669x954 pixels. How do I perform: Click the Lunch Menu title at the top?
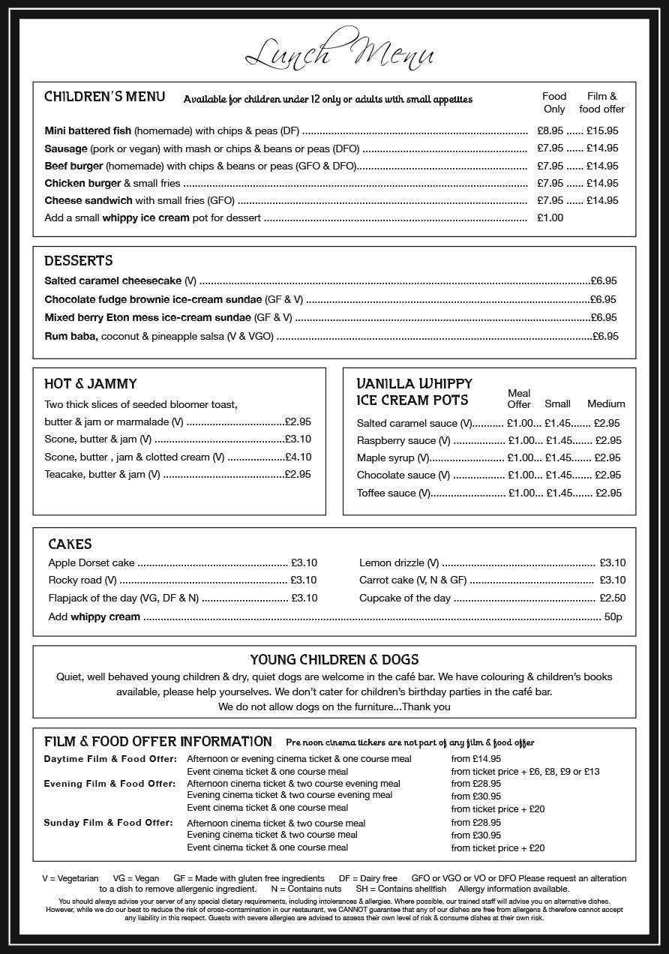(x=340, y=52)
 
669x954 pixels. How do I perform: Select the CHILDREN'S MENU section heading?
(x=104, y=97)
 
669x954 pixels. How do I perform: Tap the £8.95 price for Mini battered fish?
(x=550, y=130)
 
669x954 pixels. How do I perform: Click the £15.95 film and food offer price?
(x=602, y=130)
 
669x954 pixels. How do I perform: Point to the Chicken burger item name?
(x=82, y=183)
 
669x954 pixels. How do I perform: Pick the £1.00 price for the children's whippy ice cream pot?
(x=550, y=218)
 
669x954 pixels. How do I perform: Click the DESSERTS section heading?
(x=79, y=261)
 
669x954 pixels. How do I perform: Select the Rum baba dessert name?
(x=71, y=336)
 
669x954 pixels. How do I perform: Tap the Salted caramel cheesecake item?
(x=113, y=280)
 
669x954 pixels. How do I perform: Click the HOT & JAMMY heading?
(x=91, y=384)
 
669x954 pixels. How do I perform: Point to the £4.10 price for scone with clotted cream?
(x=298, y=457)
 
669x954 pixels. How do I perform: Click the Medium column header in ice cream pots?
(x=606, y=403)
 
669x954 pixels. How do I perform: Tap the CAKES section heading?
(x=70, y=544)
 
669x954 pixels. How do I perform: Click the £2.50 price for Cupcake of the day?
(x=612, y=598)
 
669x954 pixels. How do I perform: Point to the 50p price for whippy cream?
(x=613, y=616)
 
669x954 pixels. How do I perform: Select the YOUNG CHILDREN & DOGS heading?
(x=334, y=660)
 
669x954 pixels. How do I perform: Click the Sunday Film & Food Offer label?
(x=108, y=823)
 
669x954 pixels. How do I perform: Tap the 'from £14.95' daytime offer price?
(x=476, y=759)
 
